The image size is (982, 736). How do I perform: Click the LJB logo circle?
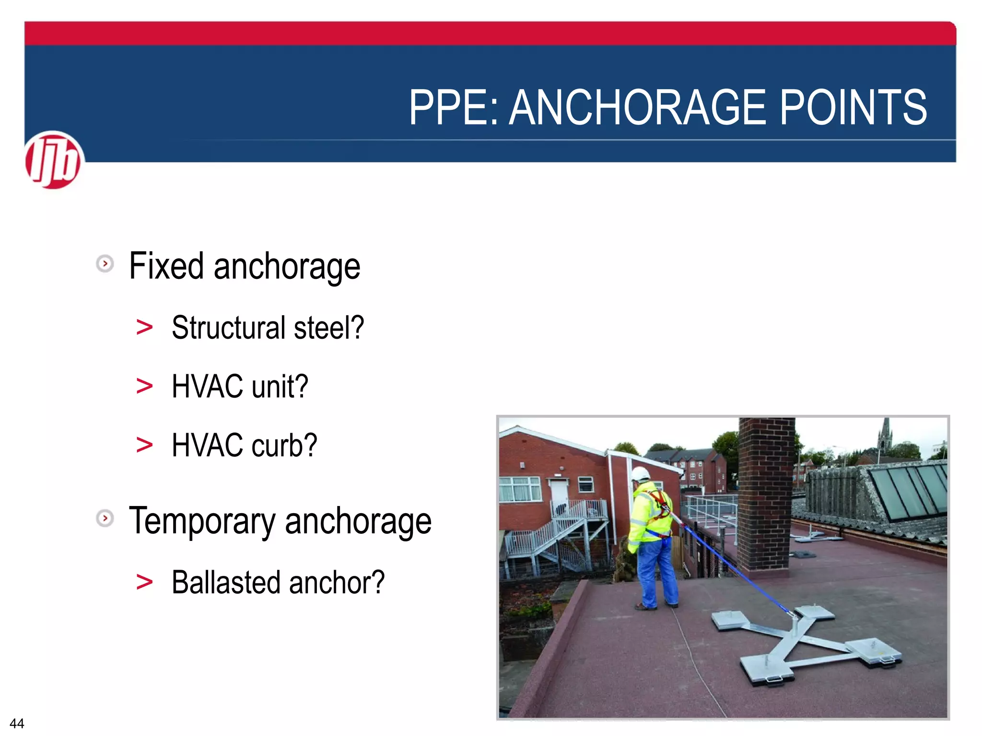(53, 160)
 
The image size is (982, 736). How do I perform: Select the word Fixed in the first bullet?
(166, 266)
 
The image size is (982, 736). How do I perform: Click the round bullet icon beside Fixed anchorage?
(105, 264)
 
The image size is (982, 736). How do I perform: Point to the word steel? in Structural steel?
(329, 328)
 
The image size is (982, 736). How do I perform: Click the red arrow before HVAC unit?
(144, 386)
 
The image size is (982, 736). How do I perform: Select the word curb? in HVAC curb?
(284, 445)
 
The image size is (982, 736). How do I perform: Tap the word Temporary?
(202, 521)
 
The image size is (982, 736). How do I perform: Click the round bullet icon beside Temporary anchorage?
(105, 518)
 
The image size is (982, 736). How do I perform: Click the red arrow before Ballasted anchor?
(144, 583)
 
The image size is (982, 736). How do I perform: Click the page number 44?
(17, 723)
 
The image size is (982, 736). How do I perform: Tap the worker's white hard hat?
(640, 474)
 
